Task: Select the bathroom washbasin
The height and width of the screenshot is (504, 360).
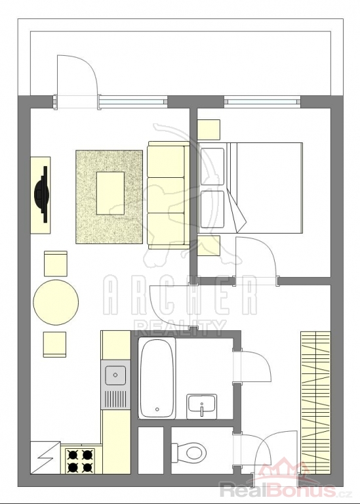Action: click(x=202, y=406)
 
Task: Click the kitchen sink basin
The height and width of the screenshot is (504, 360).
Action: click(x=115, y=375)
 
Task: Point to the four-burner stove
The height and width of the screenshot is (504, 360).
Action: click(x=80, y=461)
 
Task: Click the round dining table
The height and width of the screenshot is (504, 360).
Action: click(x=56, y=303)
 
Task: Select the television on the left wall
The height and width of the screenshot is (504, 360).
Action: click(x=41, y=194)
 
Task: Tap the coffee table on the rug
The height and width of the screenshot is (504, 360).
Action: click(x=110, y=193)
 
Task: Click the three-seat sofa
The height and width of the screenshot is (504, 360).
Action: click(x=169, y=195)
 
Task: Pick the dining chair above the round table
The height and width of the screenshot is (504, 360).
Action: click(x=56, y=264)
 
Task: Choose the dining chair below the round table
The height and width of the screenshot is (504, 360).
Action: click(x=54, y=345)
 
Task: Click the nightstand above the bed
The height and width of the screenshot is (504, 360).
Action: click(x=209, y=130)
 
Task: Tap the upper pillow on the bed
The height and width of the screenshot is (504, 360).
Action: click(x=212, y=167)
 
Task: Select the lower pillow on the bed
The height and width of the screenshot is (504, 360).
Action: click(x=212, y=209)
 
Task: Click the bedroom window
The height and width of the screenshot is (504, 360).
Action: click(x=262, y=102)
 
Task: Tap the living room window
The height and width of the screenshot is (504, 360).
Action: click(x=132, y=102)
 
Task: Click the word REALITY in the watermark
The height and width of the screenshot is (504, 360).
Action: click(x=180, y=328)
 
